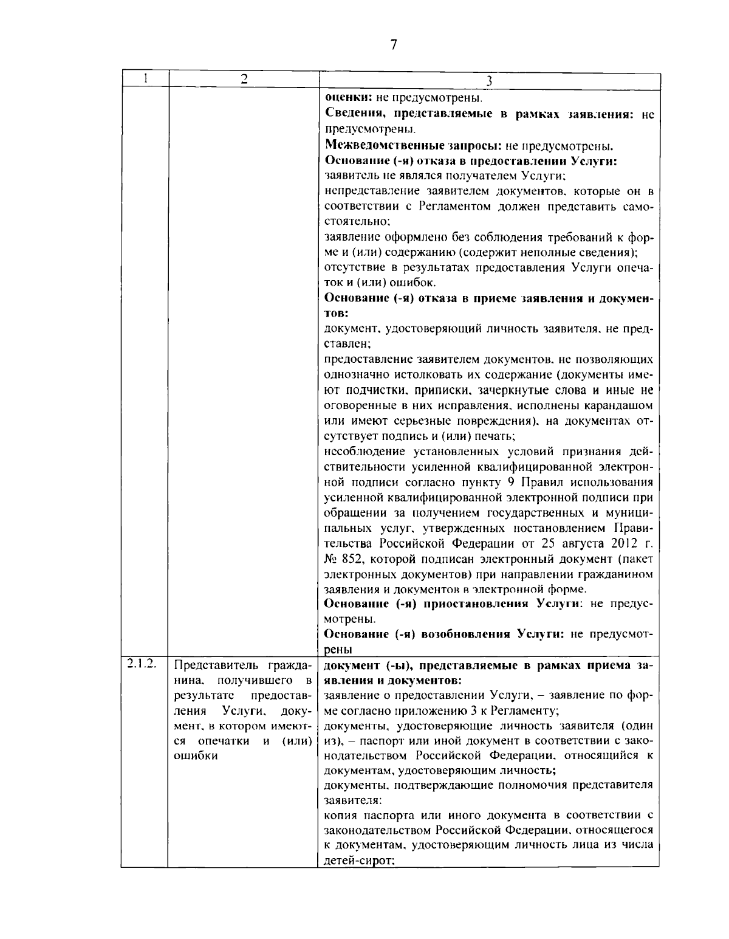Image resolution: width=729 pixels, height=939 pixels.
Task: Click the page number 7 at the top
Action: (394, 44)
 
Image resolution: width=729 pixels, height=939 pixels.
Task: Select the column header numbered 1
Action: (145, 78)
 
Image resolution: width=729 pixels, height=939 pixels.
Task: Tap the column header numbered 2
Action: (244, 79)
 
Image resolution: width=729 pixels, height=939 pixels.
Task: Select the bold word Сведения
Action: (352, 115)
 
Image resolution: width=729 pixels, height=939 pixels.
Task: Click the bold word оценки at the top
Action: (344, 97)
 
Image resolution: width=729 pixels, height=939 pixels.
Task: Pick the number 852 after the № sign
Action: (353, 559)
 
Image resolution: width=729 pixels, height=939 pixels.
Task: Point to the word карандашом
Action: (619, 405)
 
